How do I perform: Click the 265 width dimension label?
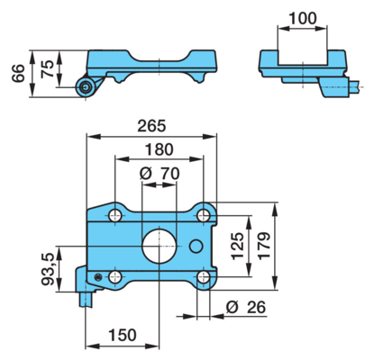click(151, 126)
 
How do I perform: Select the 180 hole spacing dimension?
click(159, 149)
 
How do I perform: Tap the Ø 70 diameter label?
click(160, 174)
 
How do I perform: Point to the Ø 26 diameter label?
click(246, 307)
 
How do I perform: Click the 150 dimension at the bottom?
click(123, 335)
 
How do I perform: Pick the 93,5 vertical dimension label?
click(48, 269)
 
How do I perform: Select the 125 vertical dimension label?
click(237, 246)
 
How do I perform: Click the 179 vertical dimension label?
click(264, 246)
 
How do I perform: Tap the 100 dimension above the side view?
click(302, 18)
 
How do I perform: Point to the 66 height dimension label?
click(18, 73)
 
